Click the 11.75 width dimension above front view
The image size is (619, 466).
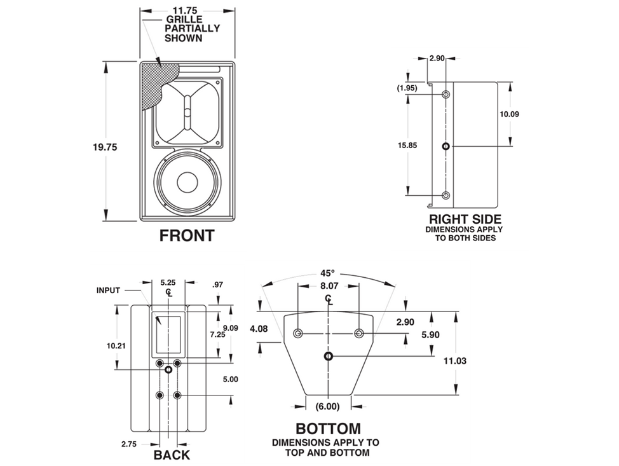[x=187, y=11]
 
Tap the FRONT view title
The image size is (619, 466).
[x=187, y=236]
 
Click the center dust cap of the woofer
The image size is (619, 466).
[x=187, y=182]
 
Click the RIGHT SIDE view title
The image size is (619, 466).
[x=464, y=219]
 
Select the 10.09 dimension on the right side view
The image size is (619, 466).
[x=510, y=114]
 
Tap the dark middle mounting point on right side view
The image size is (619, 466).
[x=446, y=146]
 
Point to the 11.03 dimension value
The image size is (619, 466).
[x=455, y=360]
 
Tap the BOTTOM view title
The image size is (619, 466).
[x=328, y=428]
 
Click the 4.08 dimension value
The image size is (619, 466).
[x=259, y=329]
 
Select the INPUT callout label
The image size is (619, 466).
[x=108, y=291]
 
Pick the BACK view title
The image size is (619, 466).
[x=172, y=455]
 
